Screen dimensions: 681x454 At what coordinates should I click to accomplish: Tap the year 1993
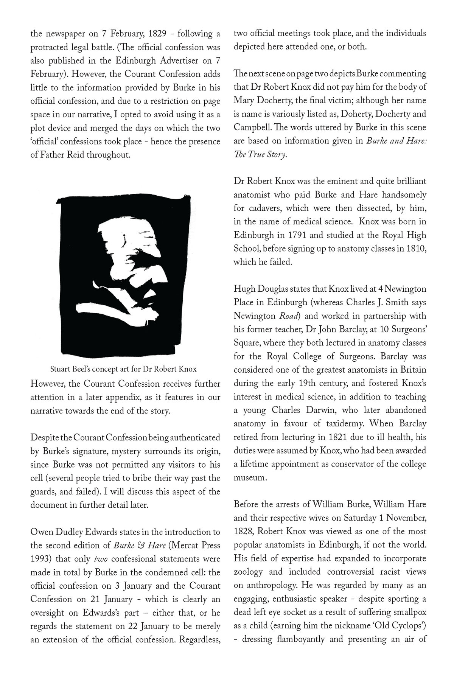click(40, 559)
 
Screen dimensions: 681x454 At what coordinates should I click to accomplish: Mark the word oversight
click(49, 613)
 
